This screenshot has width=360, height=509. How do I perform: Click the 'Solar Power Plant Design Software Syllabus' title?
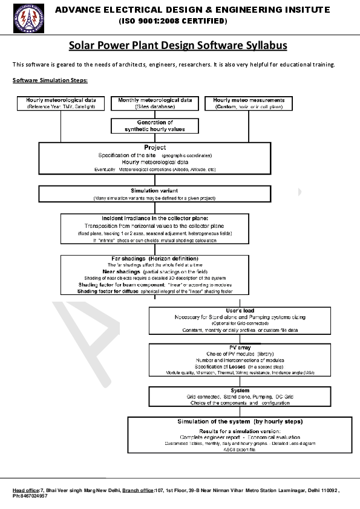click(x=177, y=45)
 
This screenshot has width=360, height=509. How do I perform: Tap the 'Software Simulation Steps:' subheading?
click(x=50, y=80)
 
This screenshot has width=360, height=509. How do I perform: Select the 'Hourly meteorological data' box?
click(x=60, y=103)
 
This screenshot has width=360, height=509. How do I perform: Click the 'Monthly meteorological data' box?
click(x=155, y=103)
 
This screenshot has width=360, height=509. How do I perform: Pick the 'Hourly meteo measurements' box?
click(x=249, y=103)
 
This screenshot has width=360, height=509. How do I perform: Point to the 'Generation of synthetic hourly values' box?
click(x=155, y=126)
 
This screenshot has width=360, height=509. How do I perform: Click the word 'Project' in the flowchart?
click(x=155, y=148)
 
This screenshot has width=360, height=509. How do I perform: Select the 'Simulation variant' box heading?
click(x=155, y=190)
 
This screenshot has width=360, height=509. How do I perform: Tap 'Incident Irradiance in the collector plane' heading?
click(x=155, y=218)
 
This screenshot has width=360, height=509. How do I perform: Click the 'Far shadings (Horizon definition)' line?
click(x=155, y=259)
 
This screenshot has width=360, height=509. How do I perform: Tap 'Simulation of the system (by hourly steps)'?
click(x=240, y=421)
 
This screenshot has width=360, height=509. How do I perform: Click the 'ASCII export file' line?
click(x=240, y=450)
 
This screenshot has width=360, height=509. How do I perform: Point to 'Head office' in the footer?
click(x=26, y=490)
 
